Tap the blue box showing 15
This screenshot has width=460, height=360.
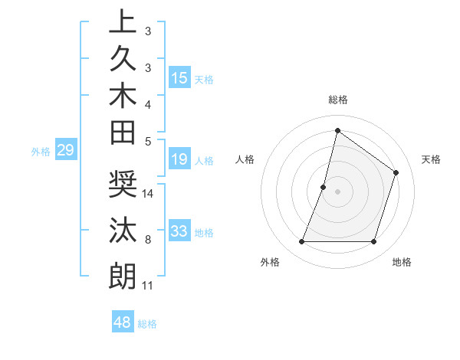[179, 78]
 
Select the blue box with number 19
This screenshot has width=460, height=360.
[179, 160]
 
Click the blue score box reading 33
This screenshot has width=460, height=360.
[179, 231]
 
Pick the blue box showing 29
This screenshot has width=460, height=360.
[65, 151]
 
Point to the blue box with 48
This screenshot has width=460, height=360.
[123, 322]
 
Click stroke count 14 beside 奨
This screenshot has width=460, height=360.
[148, 194]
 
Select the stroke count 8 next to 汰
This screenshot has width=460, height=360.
[148, 240]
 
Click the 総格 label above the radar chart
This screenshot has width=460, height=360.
[338, 100]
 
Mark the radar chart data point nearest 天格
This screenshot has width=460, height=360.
[396, 172]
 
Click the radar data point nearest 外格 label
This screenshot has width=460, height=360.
[301, 242]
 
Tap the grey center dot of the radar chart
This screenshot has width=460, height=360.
[337, 191]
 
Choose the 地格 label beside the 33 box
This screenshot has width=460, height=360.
[204, 232]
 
